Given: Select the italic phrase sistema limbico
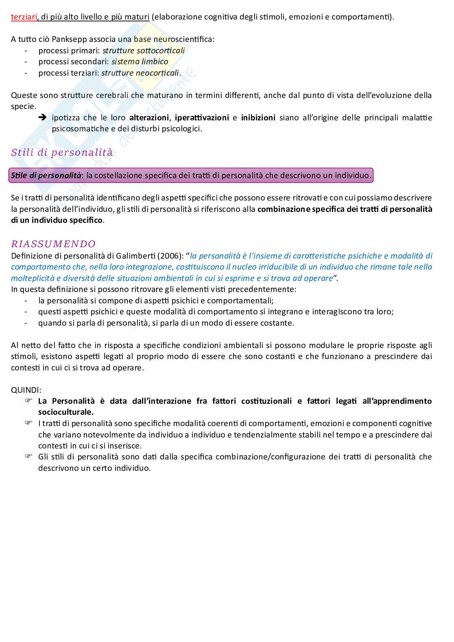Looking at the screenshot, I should [140, 62].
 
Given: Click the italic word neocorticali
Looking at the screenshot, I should [159, 73].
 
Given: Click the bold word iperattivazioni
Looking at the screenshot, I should [201, 118].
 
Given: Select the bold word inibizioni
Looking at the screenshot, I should [258, 118].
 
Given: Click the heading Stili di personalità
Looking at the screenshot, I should [62, 153].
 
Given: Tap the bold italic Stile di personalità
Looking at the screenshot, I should [46, 176].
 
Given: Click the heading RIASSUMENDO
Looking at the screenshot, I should [53, 244].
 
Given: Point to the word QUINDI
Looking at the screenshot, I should [26, 390].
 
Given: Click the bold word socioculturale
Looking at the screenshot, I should [66, 412].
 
